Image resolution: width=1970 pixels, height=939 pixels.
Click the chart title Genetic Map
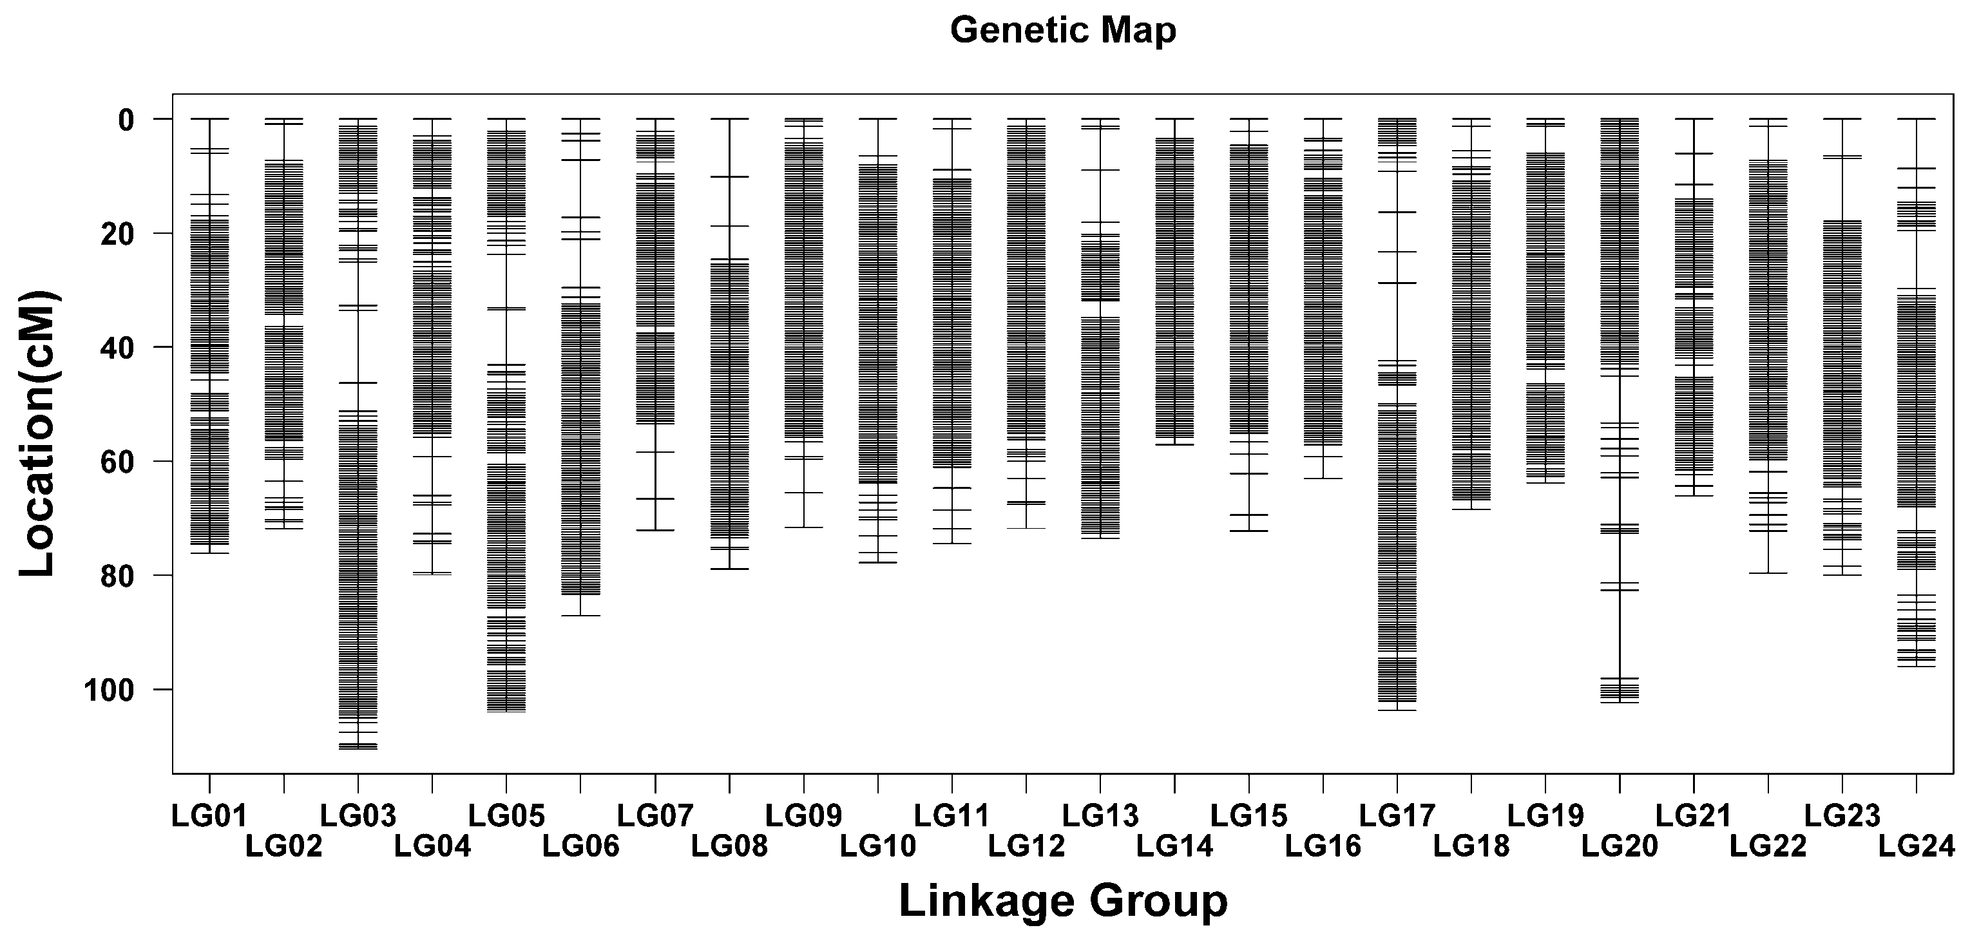[1062, 30]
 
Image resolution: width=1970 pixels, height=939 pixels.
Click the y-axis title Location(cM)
[38, 433]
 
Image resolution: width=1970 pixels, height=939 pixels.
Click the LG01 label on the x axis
[209, 816]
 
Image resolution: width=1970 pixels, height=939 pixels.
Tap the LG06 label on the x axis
[580, 846]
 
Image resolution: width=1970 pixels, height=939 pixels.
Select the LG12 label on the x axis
[1026, 846]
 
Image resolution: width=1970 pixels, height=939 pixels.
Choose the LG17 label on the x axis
[1397, 816]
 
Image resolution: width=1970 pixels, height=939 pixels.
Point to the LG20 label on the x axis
[1620, 846]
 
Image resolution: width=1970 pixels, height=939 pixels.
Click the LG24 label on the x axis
[1917, 846]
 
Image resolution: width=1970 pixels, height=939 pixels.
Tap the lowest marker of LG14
[1174, 444]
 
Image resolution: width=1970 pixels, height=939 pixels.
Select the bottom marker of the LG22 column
[1768, 573]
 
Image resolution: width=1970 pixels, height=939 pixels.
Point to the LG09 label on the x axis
[804, 816]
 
